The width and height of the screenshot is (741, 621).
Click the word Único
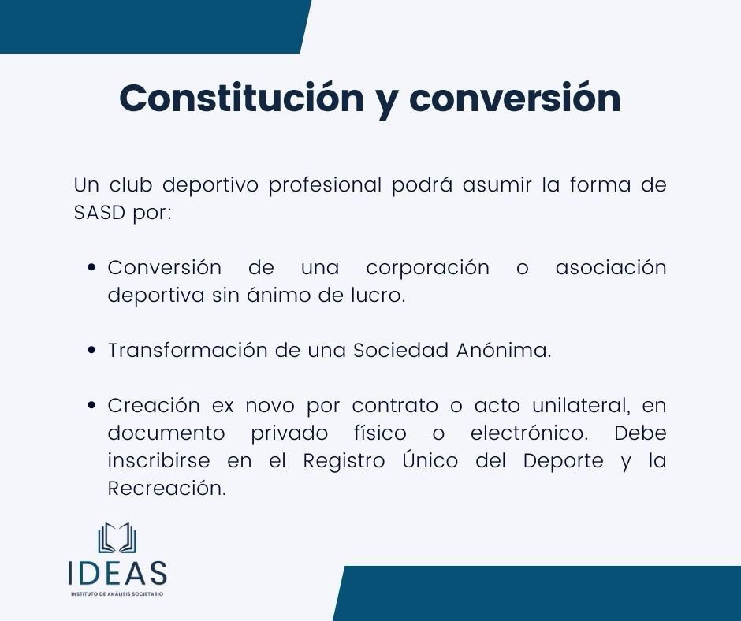click(x=429, y=460)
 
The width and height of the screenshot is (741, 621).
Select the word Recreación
click(x=167, y=489)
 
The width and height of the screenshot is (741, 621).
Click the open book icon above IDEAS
click(x=117, y=538)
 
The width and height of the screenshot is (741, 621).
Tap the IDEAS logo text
click(x=117, y=571)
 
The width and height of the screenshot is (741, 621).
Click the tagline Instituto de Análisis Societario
click(x=117, y=593)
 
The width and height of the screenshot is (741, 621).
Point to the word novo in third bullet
click(x=273, y=406)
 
